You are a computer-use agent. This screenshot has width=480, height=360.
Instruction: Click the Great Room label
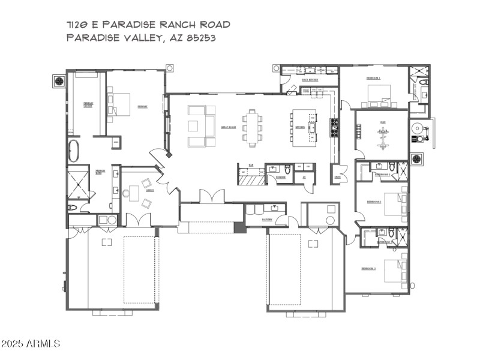[x=227, y=127]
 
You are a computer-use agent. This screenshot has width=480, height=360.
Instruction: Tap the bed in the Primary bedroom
[x=119, y=104]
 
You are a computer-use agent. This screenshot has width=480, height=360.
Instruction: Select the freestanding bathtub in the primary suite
[x=73, y=151]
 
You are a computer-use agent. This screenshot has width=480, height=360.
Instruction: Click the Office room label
[x=149, y=190]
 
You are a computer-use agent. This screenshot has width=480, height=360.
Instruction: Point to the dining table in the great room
[x=253, y=127]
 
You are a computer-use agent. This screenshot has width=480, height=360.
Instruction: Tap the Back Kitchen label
[x=310, y=79]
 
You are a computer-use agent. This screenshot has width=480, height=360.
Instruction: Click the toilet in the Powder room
[x=288, y=170]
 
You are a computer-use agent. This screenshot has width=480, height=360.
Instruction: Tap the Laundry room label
[x=268, y=220]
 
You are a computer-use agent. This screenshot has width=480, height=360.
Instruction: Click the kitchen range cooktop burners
[x=334, y=127]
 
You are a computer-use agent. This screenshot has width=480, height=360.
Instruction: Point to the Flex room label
[x=382, y=122]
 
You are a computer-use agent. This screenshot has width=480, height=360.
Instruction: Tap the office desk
[x=134, y=193]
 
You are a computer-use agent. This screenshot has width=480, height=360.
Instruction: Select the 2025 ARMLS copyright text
[x=31, y=344]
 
